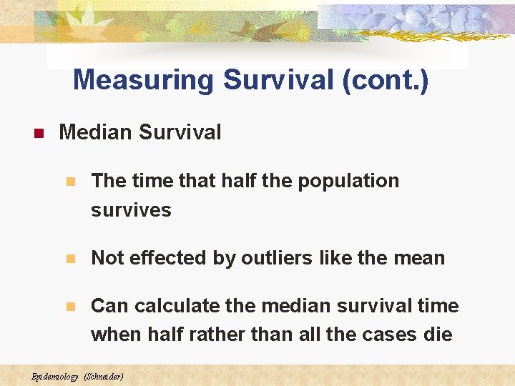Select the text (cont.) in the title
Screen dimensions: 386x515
click(386, 80)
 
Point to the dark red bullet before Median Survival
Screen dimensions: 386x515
click(39, 133)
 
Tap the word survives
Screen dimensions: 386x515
click(131, 210)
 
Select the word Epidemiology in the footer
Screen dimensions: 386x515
click(56, 376)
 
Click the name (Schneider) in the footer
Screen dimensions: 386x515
click(104, 376)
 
